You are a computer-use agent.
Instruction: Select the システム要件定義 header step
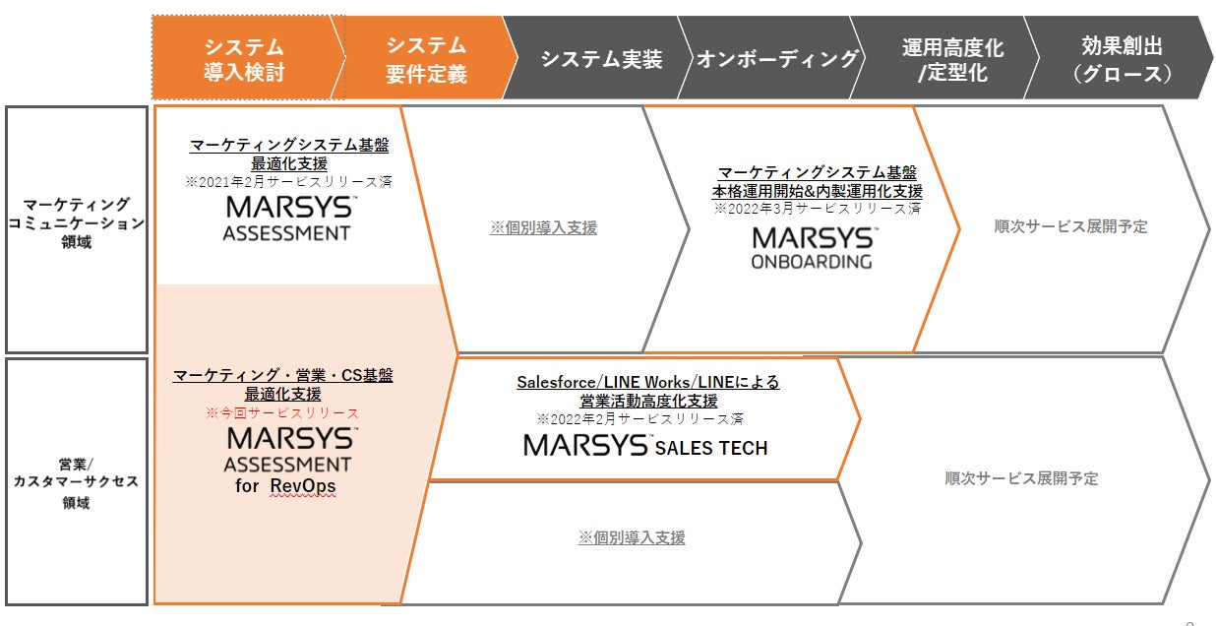pyautogui.click(x=426, y=59)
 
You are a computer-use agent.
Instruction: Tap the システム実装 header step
pyautogui.click(x=601, y=59)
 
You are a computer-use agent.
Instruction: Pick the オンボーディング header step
pyautogui.click(x=777, y=59)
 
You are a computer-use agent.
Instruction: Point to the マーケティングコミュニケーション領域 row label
pyautogui.click(x=77, y=222)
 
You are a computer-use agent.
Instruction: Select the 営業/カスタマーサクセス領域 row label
pyautogui.click(x=77, y=481)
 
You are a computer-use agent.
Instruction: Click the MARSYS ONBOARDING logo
pyautogui.click(x=812, y=248)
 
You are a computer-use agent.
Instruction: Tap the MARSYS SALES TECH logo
pyautogui.click(x=645, y=446)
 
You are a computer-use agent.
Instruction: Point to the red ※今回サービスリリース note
pyautogui.click(x=282, y=413)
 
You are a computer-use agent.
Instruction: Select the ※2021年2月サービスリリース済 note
pyautogui.click(x=288, y=182)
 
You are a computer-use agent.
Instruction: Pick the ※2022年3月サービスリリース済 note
pyautogui.click(x=817, y=209)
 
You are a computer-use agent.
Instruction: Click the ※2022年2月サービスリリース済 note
pyautogui.click(x=639, y=418)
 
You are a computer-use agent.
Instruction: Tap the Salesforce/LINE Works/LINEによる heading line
pyautogui.click(x=648, y=382)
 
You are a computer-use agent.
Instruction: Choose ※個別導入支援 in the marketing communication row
pyautogui.click(x=543, y=227)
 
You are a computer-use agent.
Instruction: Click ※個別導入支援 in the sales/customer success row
pyautogui.click(x=632, y=538)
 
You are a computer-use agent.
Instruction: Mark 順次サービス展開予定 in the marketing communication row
pyautogui.click(x=1070, y=226)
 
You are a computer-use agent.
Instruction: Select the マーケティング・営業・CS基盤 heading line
pyautogui.click(x=282, y=375)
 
